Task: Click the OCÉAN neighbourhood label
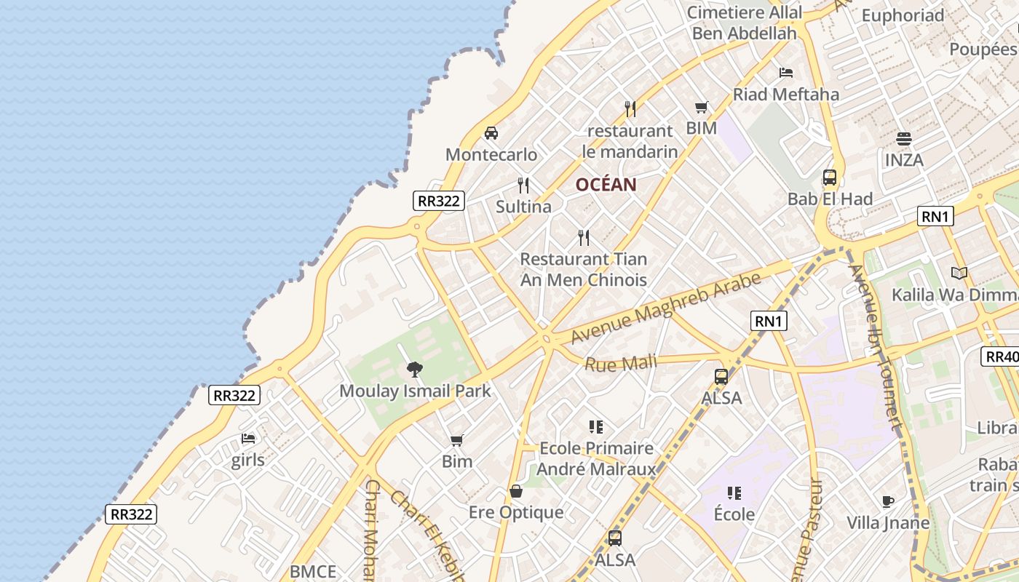tap(606, 185)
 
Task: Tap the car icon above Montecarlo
tap(491, 133)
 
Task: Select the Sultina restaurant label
tap(523, 207)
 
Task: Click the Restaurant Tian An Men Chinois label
tap(584, 269)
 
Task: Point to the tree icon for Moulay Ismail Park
tap(415, 370)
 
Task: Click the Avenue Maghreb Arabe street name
tap(666, 308)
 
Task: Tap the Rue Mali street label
tap(621, 362)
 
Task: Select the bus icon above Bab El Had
tap(830, 178)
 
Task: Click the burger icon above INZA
tap(904, 139)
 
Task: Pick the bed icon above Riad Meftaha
tap(786, 73)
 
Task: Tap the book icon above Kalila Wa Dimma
tap(959, 274)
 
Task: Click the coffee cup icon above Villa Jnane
tap(887, 501)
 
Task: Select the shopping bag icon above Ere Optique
tap(516, 491)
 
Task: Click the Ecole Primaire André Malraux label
tap(596, 458)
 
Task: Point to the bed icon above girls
tap(248, 439)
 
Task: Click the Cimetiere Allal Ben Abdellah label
tap(745, 23)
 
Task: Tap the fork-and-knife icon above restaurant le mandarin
tap(630, 109)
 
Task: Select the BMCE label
tap(313, 572)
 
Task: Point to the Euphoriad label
tap(903, 15)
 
